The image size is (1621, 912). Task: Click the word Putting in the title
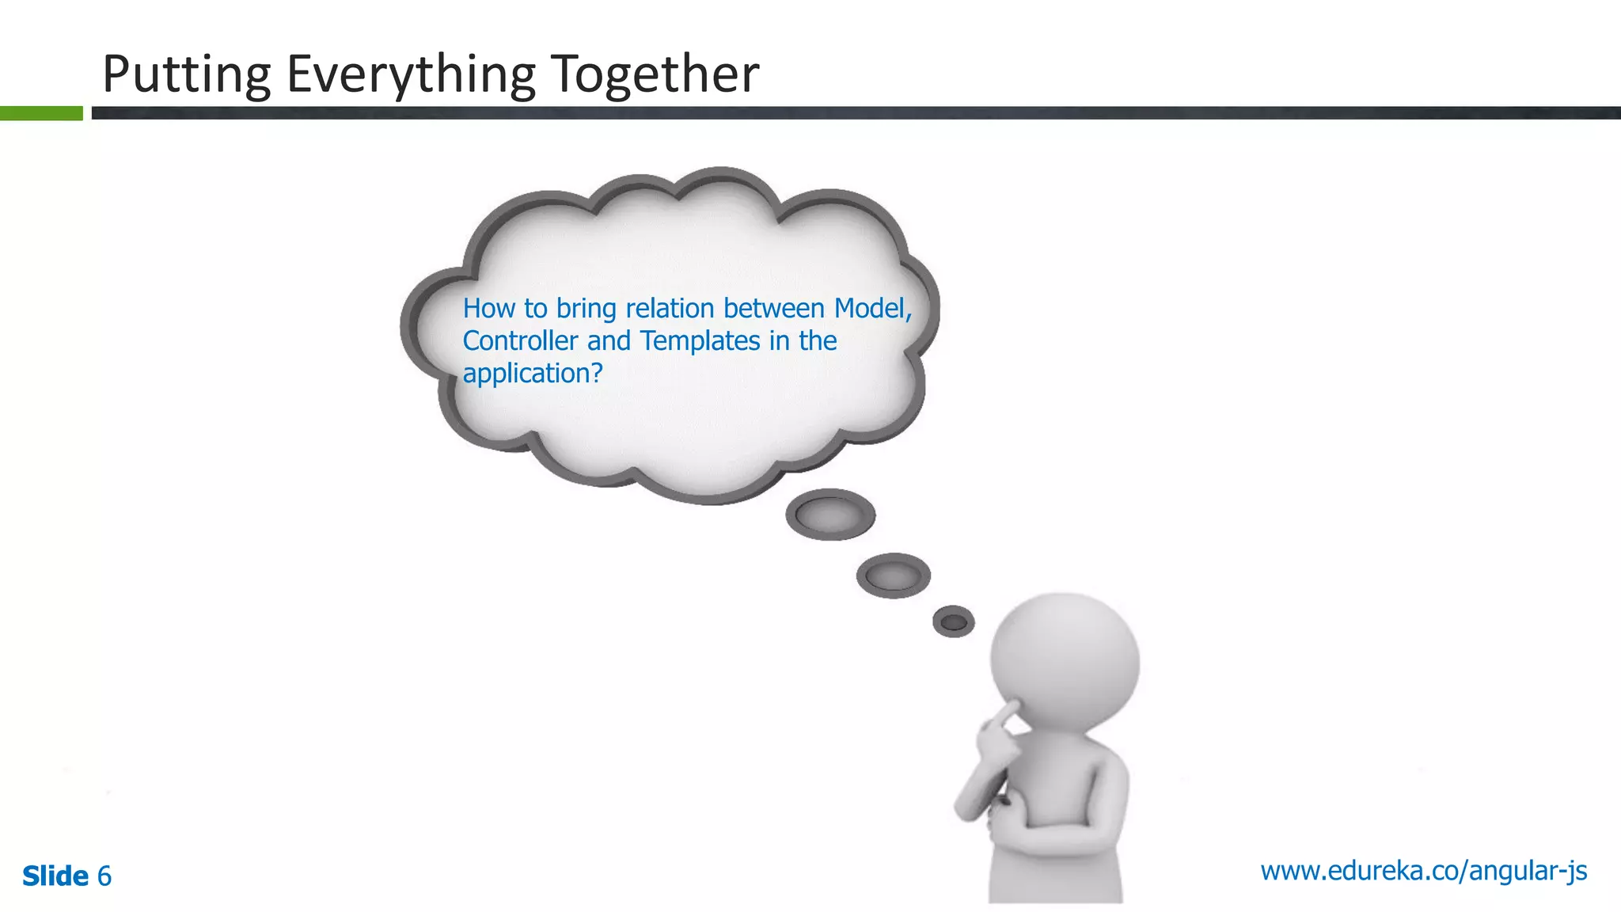pos(187,75)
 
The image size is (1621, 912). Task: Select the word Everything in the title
pos(411,75)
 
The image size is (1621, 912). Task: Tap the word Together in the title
pos(655,74)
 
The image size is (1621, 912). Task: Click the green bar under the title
pos(41,113)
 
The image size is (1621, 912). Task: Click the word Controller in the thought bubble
pos(520,341)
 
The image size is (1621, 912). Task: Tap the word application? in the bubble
pos(533,374)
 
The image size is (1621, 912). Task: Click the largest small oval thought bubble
pos(830,515)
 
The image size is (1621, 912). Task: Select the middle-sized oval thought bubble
pos(893,576)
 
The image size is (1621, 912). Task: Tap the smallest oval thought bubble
pos(954,622)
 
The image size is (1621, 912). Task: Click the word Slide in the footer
pos(55,876)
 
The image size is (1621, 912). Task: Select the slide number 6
pos(104,876)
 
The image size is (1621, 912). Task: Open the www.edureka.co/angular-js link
pos(1423,871)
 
